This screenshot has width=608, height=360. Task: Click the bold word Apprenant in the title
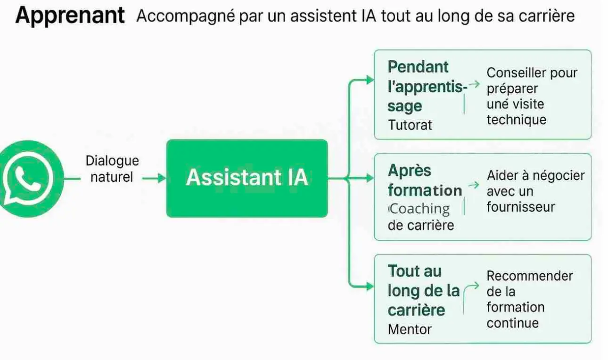coord(70,16)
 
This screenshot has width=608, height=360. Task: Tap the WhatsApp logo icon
coord(29,179)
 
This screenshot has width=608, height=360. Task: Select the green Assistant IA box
coord(247,178)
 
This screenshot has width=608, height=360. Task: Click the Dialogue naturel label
coord(112,169)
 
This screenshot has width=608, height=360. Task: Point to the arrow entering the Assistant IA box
coord(154,178)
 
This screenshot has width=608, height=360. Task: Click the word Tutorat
coord(410,125)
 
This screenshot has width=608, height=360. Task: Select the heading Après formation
coord(425,180)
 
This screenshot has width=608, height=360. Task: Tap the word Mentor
coord(410,329)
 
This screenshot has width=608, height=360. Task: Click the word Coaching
coord(419,209)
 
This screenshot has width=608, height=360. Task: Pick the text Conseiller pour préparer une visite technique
coord(532,96)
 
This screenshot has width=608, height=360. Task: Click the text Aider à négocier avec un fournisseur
coord(535,191)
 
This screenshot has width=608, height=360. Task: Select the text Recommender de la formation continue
coord(529,299)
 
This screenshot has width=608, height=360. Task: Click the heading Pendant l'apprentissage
coord(427,86)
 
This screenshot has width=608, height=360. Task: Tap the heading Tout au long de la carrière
coord(423,290)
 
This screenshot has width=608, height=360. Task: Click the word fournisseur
coord(521,207)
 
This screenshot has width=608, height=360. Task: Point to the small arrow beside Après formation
coord(474,185)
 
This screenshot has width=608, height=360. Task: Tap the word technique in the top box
coord(516,120)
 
